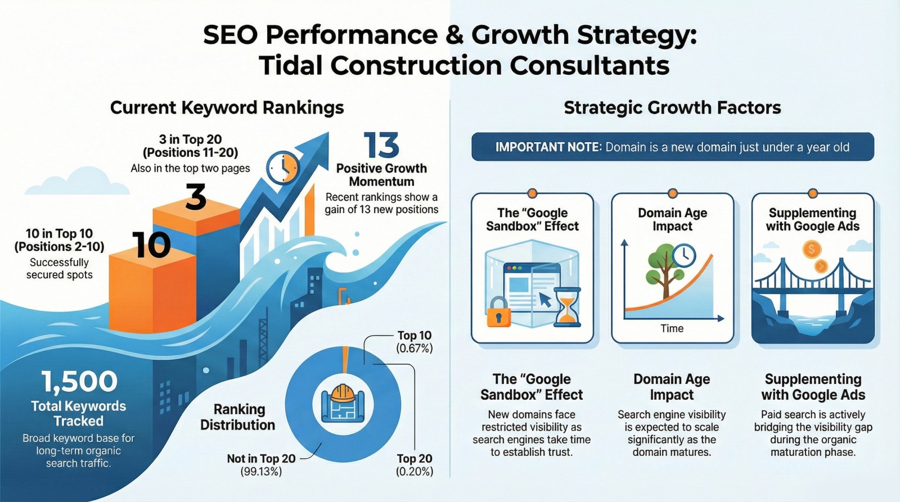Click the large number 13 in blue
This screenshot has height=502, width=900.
tap(381, 145)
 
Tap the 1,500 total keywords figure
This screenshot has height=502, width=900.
tap(79, 381)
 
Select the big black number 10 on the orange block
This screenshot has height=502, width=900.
tap(151, 245)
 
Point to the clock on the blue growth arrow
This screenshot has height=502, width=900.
tap(283, 168)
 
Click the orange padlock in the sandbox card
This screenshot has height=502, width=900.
tap(498, 311)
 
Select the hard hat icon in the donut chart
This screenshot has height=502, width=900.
tap(343, 393)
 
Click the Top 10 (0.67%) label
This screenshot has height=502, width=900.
tap(414, 342)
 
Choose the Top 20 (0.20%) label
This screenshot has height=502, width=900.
tap(415, 465)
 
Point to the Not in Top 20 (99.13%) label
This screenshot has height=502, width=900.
tap(261, 465)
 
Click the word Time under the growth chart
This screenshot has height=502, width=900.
tap(672, 328)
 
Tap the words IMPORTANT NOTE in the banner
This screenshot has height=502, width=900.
tap(548, 147)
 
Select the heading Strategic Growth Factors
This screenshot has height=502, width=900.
tap(672, 107)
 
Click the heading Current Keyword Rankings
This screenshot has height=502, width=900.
tap(227, 107)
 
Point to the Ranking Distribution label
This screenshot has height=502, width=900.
tap(237, 417)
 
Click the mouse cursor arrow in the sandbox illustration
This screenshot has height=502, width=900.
tap(544, 299)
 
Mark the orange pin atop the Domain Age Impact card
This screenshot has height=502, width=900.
tap(672, 193)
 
